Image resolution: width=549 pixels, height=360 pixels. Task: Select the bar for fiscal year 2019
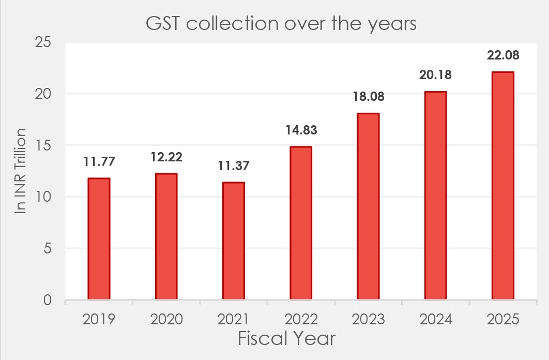99,238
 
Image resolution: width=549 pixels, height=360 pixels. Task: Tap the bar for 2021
234,241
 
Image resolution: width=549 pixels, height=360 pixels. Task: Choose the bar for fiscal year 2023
368,206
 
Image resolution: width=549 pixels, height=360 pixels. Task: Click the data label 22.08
503,55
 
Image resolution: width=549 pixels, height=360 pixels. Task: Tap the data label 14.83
301,130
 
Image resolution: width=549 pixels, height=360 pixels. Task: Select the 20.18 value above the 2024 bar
436,74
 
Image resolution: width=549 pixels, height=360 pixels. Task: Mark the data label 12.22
166,157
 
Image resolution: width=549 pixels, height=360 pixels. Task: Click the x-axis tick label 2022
301,319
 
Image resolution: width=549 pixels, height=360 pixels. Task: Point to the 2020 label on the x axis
166,319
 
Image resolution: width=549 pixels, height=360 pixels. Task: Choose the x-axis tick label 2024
436,319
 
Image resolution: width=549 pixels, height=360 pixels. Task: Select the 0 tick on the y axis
47,300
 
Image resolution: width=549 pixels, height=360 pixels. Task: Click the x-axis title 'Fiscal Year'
286,339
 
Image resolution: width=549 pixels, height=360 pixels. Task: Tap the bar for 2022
301,223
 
